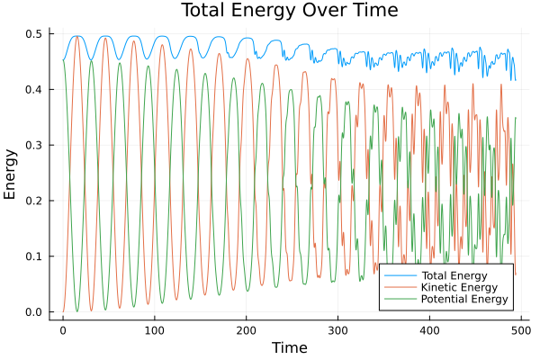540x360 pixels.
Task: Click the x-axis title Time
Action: (x=289, y=347)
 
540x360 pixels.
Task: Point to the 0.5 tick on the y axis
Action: (x=33, y=34)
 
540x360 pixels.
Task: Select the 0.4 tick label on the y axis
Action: (x=33, y=90)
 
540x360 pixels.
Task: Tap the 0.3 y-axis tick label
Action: (x=33, y=146)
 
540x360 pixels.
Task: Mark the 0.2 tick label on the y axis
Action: (x=33, y=202)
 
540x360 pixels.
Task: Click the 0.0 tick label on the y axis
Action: (x=33, y=312)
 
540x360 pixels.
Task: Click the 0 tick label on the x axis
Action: (x=63, y=330)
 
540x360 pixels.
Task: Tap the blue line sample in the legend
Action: (x=394, y=274)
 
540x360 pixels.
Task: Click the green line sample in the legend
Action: (x=394, y=300)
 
